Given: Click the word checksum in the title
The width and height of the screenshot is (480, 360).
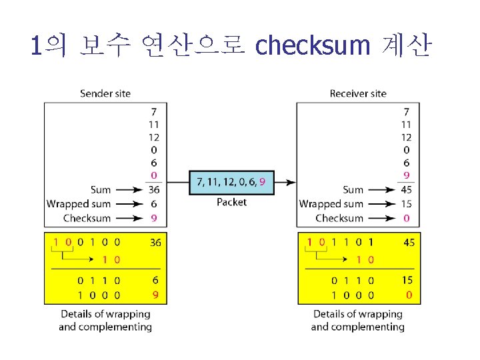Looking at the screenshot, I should click(x=312, y=46).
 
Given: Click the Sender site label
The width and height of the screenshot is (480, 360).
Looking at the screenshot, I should click(x=105, y=93).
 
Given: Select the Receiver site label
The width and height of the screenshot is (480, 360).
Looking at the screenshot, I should click(x=358, y=93).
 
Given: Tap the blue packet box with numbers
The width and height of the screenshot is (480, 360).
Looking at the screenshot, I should click(x=231, y=181).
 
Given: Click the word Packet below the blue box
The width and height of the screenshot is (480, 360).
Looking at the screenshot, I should click(x=231, y=202).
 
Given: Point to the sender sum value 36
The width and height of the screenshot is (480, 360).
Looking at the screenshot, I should click(x=154, y=190).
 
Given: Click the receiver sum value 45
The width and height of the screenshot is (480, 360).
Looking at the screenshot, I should click(x=406, y=190).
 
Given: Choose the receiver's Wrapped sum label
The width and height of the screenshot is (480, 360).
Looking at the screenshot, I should click(x=331, y=204).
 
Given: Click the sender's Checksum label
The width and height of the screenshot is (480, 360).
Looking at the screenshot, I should click(x=87, y=218).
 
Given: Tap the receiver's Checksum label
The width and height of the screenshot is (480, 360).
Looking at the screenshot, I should click(x=339, y=218).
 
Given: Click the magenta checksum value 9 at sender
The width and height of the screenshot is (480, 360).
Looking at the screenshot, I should click(x=154, y=218).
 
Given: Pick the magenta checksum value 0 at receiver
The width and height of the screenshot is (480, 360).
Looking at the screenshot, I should click(x=407, y=218).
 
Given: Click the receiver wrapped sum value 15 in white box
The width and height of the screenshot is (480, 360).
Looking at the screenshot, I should click(x=406, y=204).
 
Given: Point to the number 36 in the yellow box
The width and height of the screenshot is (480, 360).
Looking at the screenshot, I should click(x=155, y=243).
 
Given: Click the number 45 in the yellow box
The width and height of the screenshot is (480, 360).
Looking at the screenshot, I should click(x=409, y=243).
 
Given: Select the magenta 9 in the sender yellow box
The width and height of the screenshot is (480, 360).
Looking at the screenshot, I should click(x=155, y=294).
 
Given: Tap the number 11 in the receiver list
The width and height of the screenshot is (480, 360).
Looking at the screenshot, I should click(x=406, y=125).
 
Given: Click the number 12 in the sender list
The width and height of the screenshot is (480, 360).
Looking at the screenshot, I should click(x=153, y=137).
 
